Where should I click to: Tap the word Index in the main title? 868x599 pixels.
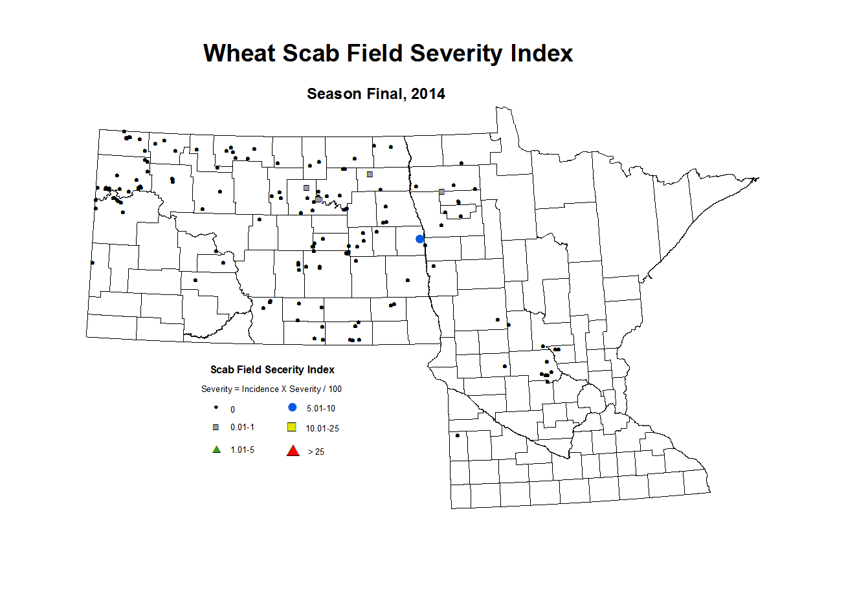point(542,53)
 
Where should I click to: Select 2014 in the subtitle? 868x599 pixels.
point(428,94)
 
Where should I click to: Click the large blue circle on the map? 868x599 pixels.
point(419,239)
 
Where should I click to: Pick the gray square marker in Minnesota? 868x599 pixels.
point(441,191)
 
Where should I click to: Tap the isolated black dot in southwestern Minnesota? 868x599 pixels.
point(458,435)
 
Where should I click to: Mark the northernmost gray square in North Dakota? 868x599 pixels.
point(370,174)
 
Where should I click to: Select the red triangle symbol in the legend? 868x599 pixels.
point(293,451)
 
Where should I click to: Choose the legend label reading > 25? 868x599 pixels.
point(316,452)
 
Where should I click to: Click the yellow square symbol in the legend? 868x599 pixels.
point(292,427)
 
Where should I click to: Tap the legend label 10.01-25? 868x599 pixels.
point(322,428)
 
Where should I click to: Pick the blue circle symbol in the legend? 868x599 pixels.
point(293,408)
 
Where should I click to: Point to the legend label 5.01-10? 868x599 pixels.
point(321,409)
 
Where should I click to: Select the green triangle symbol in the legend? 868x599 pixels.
point(217,450)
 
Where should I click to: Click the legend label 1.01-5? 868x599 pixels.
point(243,450)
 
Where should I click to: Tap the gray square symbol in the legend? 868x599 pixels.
point(216,428)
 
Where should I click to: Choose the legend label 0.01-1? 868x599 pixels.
point(242,428)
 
